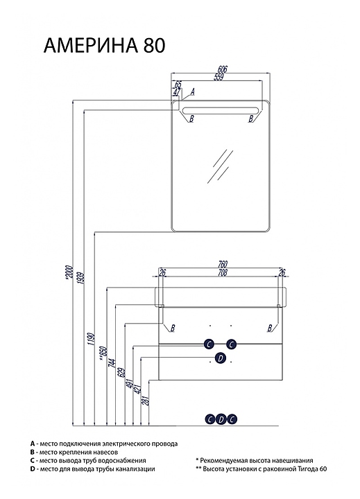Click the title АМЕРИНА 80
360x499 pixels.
coord(104,46)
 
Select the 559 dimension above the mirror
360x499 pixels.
coord(218,77)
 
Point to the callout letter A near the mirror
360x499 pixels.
coord(192,92)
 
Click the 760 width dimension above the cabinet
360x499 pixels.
coord(223,264)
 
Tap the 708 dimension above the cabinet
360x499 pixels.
coord(223,272)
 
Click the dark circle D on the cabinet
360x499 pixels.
coord(220,358)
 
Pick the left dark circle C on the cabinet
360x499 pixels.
coord(209,344)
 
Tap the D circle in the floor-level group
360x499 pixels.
coord(221,419)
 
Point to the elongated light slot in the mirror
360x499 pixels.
coord(221,110)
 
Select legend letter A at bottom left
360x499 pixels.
coord(32,444)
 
